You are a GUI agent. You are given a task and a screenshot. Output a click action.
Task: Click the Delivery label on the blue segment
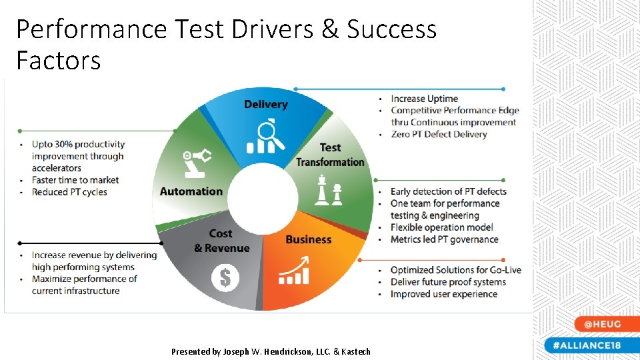pyautogui.click(x=265, y=104)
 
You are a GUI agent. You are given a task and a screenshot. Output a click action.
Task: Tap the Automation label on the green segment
pyautogui.click(x=191, y=191)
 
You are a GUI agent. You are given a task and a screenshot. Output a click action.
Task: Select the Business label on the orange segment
pyautogui.click(x=308, y=239)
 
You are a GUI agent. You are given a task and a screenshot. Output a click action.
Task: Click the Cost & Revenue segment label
pyautogui.click(x=221, y=241)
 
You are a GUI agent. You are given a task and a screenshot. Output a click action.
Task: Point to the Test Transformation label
pyautogui.click(x=330, y=155)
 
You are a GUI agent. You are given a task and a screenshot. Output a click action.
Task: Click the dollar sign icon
pyautogui.click(x=225, y=278)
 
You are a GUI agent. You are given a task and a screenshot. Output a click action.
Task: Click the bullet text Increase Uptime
pyautogui.click(x=424, y=99)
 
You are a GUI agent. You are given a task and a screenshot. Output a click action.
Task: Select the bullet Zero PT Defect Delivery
pyautogui.click(x=439, y=134)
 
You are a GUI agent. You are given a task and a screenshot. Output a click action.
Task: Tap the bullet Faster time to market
pyautogui.click(x=75, y=180)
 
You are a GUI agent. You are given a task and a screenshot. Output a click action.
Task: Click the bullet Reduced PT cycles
pyautogui.click(x=69, y=192)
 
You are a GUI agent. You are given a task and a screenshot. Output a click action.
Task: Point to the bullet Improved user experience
pyautogui.click(x=443, y=294)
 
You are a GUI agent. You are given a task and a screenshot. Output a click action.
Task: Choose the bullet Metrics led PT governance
pyautogui.click(x=444, y=239)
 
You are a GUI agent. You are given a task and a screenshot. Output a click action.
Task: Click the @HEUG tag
pyautogui.click(x=602, y=324)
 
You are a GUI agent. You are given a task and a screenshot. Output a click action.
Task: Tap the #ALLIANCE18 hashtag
pyautogui.click(x=587, y=345)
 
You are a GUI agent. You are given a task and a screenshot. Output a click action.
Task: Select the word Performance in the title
pyautogui.click(x=91, y=29)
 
